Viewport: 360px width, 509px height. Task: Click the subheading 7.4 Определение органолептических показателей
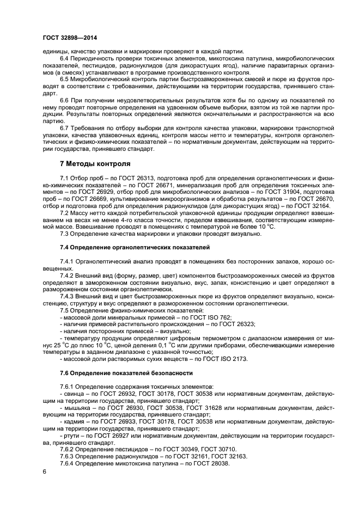click(x=134, y=247)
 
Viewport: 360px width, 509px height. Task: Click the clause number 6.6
click(x=66, y=100)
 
